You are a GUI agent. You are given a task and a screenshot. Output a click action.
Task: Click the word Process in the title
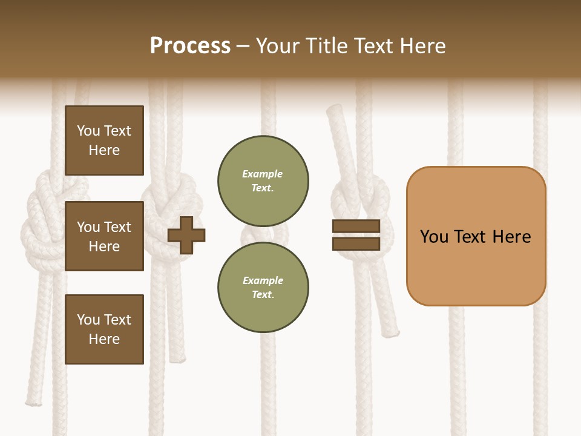tap(190, 46)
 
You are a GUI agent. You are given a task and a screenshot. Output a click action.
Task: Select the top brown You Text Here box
tap(104, 140)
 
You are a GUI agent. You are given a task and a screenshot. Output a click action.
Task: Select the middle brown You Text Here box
tap(104, 236)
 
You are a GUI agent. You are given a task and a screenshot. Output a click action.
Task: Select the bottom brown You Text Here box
tap(104, 329)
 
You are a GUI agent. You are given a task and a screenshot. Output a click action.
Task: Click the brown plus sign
tap(186, 234)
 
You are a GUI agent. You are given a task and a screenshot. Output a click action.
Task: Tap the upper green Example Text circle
tap(263, 180)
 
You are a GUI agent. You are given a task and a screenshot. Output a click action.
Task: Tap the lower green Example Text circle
tap(263, 287)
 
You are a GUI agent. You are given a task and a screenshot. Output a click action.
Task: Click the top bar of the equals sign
tap(356, 226)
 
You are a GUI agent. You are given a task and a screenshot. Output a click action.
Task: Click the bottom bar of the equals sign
tap(356, 243)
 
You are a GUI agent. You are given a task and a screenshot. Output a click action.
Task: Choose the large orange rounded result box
tap(476, 266)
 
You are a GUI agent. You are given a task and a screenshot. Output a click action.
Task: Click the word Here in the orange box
tap(511, 237)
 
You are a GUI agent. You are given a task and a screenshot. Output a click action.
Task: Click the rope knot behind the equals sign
tap(362, 200)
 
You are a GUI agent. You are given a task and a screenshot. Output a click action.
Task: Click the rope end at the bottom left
tap(34, 400)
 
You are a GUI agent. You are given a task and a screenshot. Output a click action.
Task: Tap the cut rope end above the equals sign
tap(334, 112)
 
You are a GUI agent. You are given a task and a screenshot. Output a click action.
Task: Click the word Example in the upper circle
tap(262, 174)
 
